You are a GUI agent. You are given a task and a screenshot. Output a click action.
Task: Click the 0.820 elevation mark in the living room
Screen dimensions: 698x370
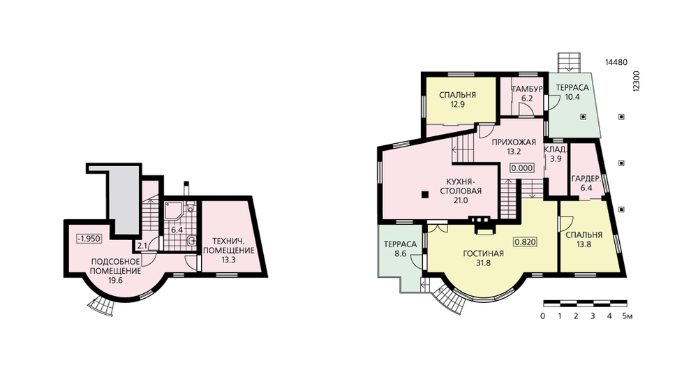(526, 242)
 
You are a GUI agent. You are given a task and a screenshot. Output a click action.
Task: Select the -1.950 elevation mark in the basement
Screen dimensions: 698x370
(89, 239)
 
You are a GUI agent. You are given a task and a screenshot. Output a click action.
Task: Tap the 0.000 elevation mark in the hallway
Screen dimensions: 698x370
(522, 168)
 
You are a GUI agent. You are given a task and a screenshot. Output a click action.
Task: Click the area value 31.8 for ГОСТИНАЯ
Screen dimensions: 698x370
(483, 262)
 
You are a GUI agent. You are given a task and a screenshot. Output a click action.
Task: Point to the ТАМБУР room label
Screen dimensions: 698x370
(526, 89)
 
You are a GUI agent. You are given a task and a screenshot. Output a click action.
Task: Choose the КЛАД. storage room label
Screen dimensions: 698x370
(556, 149)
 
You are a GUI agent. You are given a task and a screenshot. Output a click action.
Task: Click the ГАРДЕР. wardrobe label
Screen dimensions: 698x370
(586, 179)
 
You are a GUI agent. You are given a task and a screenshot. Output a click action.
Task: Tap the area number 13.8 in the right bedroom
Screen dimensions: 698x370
(584, 244)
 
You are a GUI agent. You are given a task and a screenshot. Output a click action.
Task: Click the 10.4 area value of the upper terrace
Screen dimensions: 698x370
(572, 96)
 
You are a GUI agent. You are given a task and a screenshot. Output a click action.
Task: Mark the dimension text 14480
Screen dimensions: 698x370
(616, 62)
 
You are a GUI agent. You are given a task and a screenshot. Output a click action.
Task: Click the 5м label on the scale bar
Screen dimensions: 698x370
(628, 316)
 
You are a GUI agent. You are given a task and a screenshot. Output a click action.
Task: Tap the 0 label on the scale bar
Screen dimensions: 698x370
(542, 316)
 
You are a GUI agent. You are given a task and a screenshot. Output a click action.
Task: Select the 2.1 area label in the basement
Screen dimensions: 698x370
(142, 245)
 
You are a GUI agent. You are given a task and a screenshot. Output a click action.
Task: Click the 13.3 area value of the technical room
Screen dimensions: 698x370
(228, 260)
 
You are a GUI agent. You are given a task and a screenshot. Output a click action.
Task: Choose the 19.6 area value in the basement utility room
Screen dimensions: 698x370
(115, 280)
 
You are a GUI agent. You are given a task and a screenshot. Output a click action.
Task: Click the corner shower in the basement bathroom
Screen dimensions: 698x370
(173, 211)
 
